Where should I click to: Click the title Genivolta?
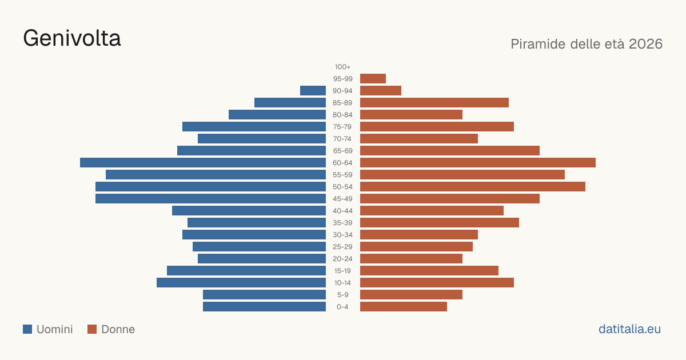(x=72, y=38)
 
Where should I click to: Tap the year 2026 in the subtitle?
(x=645, y=44)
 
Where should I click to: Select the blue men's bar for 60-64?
(x=203, y=162)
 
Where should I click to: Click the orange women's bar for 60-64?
(x=478, y=162)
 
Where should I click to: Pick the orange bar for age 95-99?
(x=373, y=79)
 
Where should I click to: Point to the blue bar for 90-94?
(x=313, y=91)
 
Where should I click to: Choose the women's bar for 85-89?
(x=434, y=102)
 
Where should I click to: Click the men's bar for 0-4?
(x=264, y=307)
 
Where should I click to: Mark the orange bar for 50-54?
(x=473, y=187)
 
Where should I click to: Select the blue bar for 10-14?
(x=241, y=282)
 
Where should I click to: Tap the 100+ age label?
(x=342, y=67)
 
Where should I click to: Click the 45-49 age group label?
(x=342, y=199)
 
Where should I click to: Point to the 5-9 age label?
(x=342, y=295)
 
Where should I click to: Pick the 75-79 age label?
(x=342, y=127)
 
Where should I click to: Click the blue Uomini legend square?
(x=27, y=329)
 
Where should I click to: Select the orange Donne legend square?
(x=92, y=329)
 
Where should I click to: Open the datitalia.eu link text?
(x=629, y=329)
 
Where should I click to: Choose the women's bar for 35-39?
(x=440, y=222)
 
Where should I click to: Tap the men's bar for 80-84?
(x=277, y=115)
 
